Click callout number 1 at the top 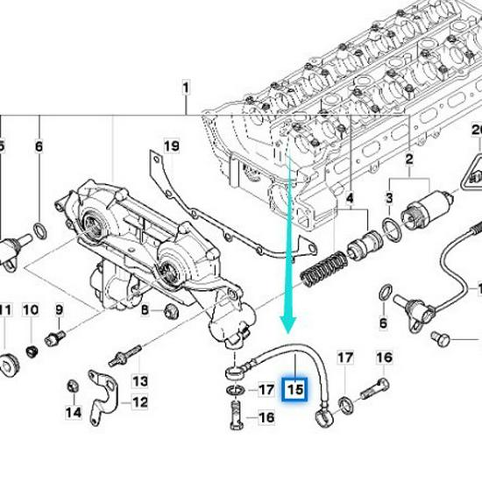[x=186, y=88]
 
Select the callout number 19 [x=171, y=145]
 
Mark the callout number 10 [x=31, y=310]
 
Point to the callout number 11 [x=6, y=310]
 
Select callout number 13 [x=141, y=381]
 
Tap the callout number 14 [x=74, y=412]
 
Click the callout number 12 [x=140, y=403]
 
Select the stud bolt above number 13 [x=125, y=357]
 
